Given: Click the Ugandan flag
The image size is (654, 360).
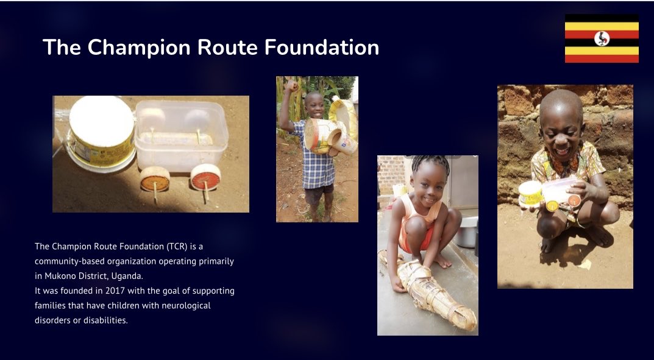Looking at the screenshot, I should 602,38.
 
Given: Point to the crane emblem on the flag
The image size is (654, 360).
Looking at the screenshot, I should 602,38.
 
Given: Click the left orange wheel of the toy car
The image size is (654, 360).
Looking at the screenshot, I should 155,179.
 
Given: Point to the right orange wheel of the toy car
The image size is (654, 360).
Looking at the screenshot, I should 205,177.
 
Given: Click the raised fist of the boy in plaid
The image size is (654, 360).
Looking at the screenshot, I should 291,85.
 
